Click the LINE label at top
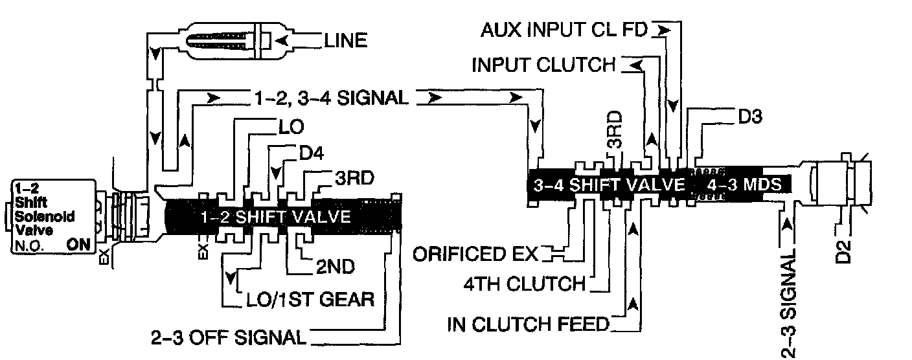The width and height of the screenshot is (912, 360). click(x=345, y=41)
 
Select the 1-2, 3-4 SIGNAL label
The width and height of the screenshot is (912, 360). click(x=328, y=98)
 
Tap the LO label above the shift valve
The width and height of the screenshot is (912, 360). click(x=291, y=126)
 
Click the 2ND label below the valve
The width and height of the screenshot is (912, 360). click(x=330, y=266)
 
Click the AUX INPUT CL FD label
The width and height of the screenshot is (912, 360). click(x=564, y=30)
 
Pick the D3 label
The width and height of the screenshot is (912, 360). click(x=749, y=117)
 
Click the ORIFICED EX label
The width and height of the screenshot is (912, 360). click(x=476, y=253)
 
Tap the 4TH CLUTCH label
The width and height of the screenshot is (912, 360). click(x=524, y=284)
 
